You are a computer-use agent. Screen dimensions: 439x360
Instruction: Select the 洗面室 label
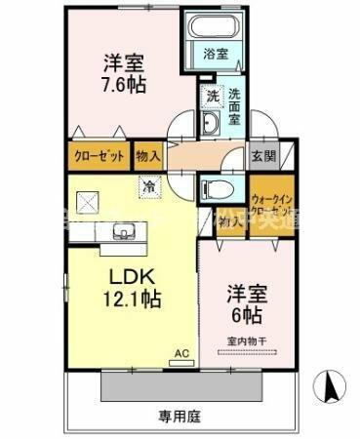(236, 107)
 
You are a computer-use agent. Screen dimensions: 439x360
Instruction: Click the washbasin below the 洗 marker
(211, 123)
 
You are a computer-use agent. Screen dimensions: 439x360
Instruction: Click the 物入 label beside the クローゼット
(148, 154)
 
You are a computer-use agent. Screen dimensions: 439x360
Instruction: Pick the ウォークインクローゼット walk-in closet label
(271, 199)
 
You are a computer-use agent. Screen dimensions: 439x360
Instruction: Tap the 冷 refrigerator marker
(148, 183)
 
